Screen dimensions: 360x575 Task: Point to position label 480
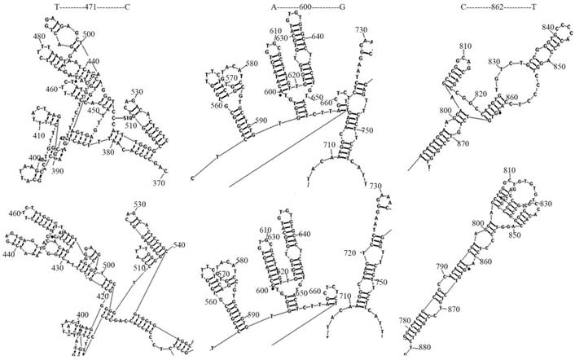point(40,37)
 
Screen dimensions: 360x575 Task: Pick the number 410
point(39,135)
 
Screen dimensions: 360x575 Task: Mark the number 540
point(179,244)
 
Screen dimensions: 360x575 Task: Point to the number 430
point(59,266)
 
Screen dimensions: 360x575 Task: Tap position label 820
point(481,94)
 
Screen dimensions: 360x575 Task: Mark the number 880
point(424,348)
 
